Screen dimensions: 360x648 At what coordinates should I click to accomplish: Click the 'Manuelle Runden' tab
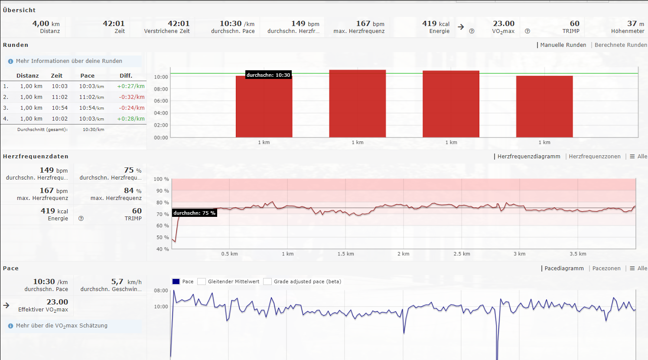coord(563,45)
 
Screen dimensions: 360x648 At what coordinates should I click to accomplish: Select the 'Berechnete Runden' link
coord(620,45)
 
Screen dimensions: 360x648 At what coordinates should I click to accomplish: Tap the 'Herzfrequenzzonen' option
coord(594,157)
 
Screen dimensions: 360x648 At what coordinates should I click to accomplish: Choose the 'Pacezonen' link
coord(606,268)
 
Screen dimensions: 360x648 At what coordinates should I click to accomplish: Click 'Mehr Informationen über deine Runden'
coord(69,61)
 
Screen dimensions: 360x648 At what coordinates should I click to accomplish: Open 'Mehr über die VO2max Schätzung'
coord(62,326)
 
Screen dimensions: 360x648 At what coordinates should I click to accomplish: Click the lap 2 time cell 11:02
coord(59,97)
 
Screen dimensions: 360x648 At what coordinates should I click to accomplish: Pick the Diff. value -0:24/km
coord(132,108)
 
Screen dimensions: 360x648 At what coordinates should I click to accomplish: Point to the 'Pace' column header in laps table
coord(87,75)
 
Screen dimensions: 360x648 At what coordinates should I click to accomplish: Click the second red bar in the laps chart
coord(357,104)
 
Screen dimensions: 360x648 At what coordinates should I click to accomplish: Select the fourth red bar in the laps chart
coord(544,107)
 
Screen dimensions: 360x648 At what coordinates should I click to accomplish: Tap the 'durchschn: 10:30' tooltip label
coord(268,75)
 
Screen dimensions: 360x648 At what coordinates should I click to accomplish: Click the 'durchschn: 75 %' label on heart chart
coord(194,213)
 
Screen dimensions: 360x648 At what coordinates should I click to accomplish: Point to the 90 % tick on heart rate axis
coord(161,191)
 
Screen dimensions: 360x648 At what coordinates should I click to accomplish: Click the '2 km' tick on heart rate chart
coord(403,254)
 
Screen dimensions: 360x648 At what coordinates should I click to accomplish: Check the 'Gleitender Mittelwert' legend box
coord(202,281)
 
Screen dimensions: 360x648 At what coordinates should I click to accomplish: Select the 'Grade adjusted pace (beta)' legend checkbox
coord(267,281)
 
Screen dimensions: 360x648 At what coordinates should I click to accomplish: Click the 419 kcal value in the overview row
coord(436,24)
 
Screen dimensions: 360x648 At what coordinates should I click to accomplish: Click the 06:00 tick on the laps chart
coord(161,101)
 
